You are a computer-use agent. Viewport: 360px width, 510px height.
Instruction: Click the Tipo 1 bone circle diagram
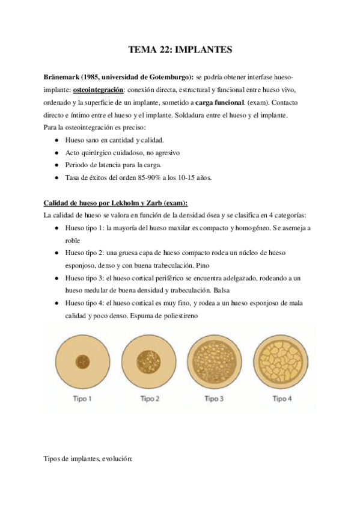point(82,362)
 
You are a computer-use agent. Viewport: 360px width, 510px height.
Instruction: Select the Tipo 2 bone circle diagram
point(149,362)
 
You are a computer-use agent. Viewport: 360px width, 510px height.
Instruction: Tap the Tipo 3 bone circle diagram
point(215,362)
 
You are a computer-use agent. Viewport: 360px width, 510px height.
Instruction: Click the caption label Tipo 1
point(82,398)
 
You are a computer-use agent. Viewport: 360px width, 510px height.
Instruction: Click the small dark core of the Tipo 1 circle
point(82,362)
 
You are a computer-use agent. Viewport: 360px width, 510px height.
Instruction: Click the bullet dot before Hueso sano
point(56,140)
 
